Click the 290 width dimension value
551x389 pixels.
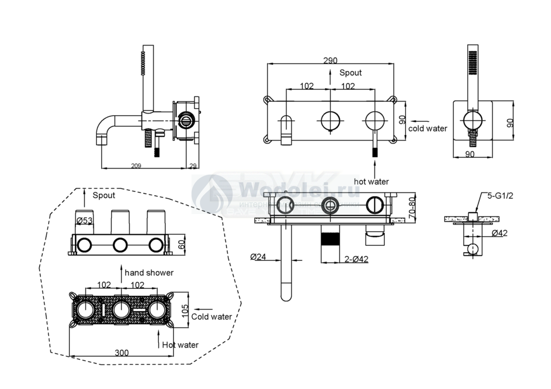[x=330, y=61]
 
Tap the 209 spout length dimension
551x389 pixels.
[x=136, y=165]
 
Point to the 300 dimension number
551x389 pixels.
[x=122, y=353]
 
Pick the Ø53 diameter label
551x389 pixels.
[x=85, y=221]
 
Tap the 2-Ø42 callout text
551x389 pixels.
[x=356, y=259]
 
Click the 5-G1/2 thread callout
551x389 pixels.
[x=500, y=196]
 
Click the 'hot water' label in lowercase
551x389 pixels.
[x=371, y=181]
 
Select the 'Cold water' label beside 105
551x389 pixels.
[x=211, y=316]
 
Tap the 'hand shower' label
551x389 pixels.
[x=149, y=273]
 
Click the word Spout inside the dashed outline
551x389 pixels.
[x=104, y=195]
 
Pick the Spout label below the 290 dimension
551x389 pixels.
[x=350, y=73]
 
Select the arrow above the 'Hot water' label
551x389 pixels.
[x=157, y=336]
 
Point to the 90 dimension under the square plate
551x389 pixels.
[x=469, y=154]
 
